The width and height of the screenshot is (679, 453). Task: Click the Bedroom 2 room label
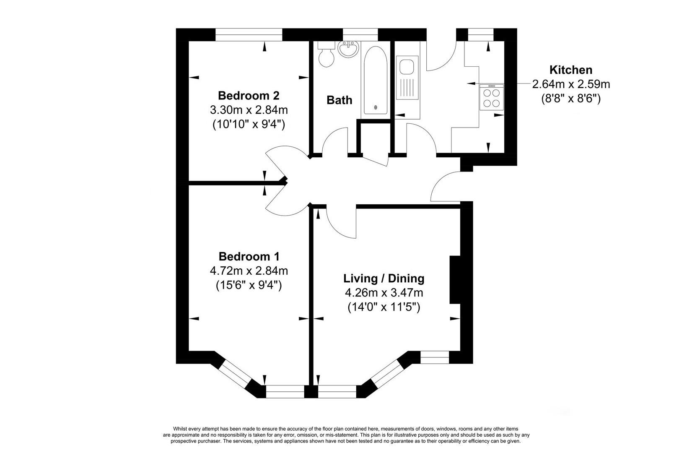[249, 96]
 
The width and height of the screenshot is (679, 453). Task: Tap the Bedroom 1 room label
[249, 256]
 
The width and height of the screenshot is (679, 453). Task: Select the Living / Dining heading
[384, 278]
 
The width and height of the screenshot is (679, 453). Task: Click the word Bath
[339, 100]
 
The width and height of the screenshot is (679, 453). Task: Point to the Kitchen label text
[571, 70]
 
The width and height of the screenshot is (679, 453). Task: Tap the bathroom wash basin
[349, 49]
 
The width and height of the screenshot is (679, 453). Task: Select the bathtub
[376, 80]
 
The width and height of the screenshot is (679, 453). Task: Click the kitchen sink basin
[407, 67]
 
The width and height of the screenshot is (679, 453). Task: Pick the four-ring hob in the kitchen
[491, 97]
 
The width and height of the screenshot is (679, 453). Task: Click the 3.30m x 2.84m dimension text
[249, 110]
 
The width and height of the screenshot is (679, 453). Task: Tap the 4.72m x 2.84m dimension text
[249, 271]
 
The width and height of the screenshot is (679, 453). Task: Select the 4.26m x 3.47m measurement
[384, 293]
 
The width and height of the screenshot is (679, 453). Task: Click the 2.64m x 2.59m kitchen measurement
[571, 84]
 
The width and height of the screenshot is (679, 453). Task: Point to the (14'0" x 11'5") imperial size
[384, 307]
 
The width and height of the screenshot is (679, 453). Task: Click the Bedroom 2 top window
[249, 34]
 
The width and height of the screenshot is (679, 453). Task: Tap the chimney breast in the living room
[455, 279]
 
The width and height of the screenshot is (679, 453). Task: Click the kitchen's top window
[481, 34]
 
